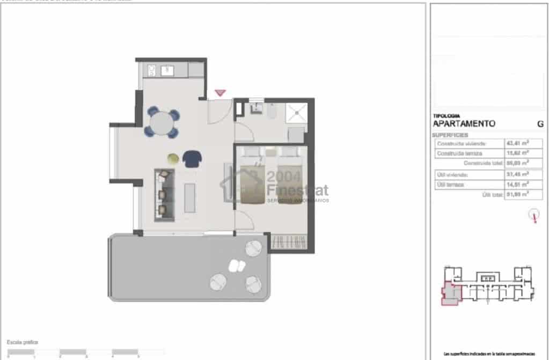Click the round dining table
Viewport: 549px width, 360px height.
click(162, 123)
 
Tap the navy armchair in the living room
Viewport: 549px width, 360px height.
click(193, 159)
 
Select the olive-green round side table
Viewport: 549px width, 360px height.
click(173, 158)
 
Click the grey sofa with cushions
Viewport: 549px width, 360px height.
click(164, 194)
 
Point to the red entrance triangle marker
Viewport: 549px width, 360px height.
click(219, 93)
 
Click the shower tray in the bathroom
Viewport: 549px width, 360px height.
click(296, 113)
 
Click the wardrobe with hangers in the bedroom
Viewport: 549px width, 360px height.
click(289, 242)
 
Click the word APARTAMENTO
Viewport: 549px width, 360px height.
click(464, 123)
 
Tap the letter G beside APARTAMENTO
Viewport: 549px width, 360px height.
click(540, 124)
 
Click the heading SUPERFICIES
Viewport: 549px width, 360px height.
click(450, 135)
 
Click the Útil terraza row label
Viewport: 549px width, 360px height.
click(451, 185)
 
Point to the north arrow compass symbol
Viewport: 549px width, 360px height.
click(533, 215)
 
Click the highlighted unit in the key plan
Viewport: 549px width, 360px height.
click(451, 294)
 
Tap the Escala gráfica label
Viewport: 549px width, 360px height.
click(23, 342)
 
